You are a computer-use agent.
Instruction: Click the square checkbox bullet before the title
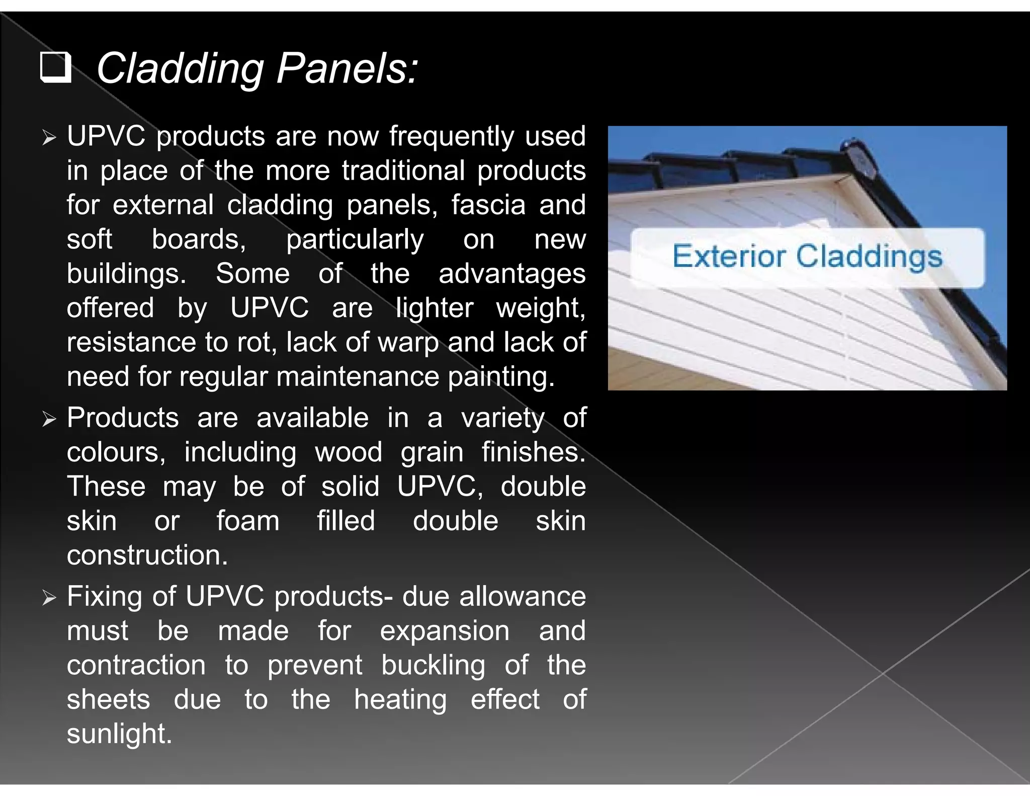(x=55, y=67)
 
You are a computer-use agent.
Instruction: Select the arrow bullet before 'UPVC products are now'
(x=49, y=137)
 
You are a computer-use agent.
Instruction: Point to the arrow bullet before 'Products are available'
(x=49, y=419)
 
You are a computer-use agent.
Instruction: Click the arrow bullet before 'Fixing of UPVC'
(x=49, y=598)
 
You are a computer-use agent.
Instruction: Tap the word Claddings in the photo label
(x=869, y=257)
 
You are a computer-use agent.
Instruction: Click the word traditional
(x=403, y=171)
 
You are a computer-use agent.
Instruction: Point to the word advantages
(x=511, y=274)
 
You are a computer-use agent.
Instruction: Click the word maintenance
(x=358, y=376)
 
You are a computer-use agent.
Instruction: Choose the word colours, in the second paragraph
(x=116, y=452)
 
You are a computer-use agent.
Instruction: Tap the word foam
(x=248, y=521)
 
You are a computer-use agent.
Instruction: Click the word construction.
(x=147, y=555)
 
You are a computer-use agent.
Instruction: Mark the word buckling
(x=433, y=666)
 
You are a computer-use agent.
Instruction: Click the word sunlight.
(x=119, y=734)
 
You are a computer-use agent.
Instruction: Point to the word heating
(x=400, y=700)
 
